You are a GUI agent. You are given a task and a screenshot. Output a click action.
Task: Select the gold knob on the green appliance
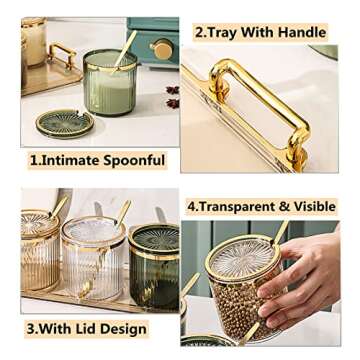coord(161,48)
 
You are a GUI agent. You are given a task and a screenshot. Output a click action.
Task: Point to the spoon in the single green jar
coord(124,51)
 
